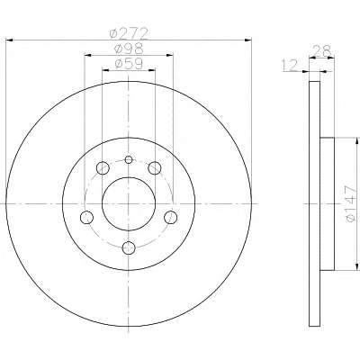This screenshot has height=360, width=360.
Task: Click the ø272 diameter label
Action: pyautogui.click(x=129, y=33)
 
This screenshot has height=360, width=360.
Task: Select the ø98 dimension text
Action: pyautogui.click(x=129, y=49)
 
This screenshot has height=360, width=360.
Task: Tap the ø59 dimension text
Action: pyautogui.click(x=129, y=64)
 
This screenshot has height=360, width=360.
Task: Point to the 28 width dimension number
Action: pyautogui.click(x=321, y=50)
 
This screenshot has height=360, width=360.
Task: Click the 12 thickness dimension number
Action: pyautogui.click(x=290, y=65)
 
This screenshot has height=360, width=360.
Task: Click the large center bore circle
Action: pyautogui.click(x=103, y=204)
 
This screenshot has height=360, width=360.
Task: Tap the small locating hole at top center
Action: pyautogui.click(x=129, y=159)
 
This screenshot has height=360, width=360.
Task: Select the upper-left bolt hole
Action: pyautogui.click(x=103, y=168)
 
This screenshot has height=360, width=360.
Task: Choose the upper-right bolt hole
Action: pyautogui.click(x=155, y=168)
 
